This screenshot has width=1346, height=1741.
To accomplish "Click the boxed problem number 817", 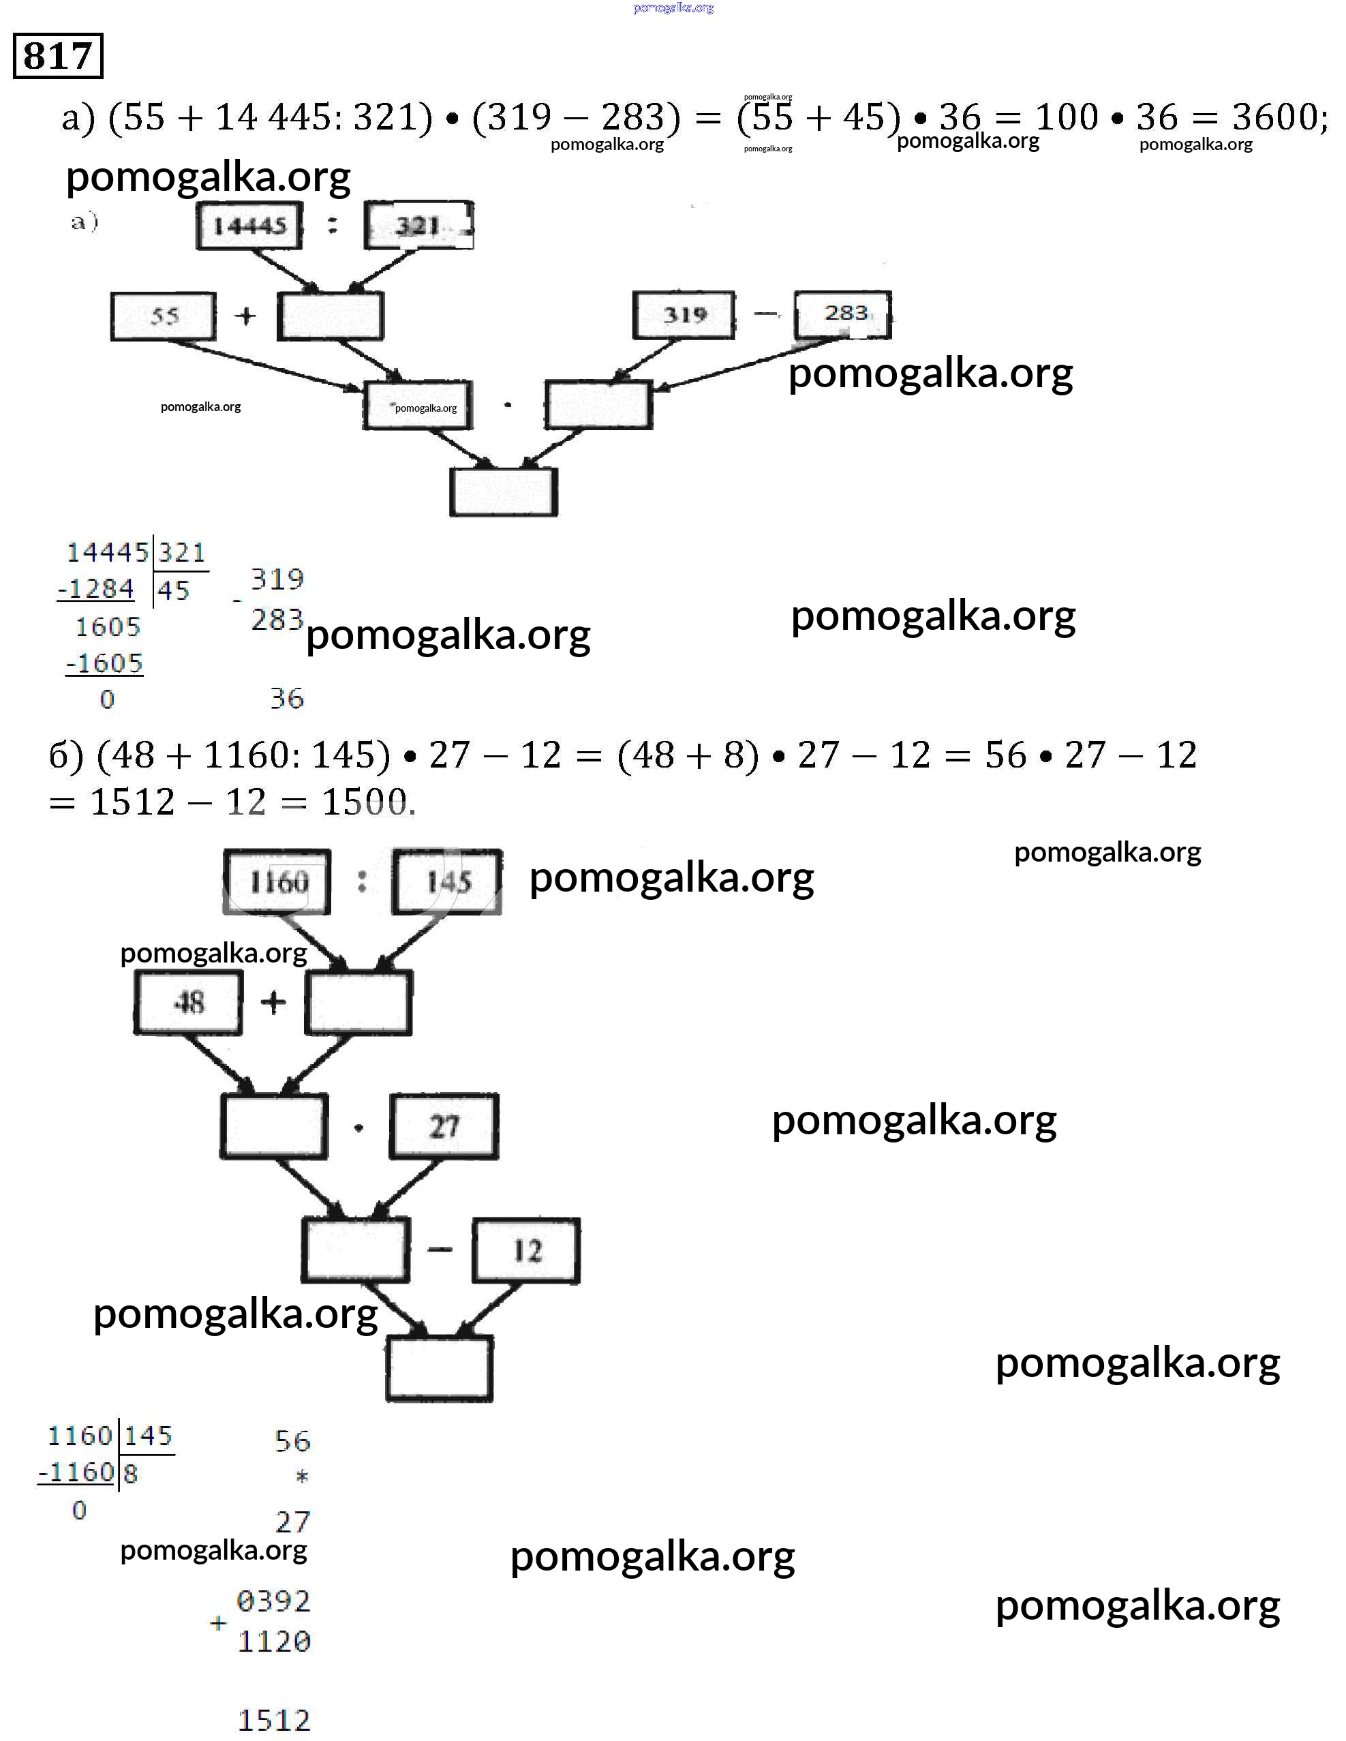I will coord(58,56).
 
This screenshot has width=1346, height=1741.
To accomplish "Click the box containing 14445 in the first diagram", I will coord(249,226).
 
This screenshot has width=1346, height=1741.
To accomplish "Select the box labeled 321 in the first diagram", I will coord(418,226).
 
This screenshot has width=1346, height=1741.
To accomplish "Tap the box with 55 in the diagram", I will coord(164,316).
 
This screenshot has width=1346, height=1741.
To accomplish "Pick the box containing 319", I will coord(684,316).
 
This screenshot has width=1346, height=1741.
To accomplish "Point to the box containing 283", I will coord(843,314).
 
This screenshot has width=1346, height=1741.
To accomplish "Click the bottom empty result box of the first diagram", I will coord(503,492).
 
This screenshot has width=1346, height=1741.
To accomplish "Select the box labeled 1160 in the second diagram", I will coord(277,881).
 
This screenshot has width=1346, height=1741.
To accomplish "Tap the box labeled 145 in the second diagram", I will coord(447,881).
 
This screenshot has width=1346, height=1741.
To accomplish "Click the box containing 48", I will coord(188,1002).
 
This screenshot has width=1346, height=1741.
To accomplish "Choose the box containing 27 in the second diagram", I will coord(444,1126).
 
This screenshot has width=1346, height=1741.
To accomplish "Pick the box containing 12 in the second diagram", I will coord(526,1251).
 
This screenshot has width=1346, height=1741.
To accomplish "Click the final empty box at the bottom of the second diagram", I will coord(439,1369).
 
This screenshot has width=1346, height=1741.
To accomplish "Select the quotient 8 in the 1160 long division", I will coord(131,1473).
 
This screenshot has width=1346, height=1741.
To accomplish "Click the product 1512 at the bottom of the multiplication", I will coord(273,1721).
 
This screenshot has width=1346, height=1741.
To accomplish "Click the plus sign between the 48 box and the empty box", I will coord(273,1002).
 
